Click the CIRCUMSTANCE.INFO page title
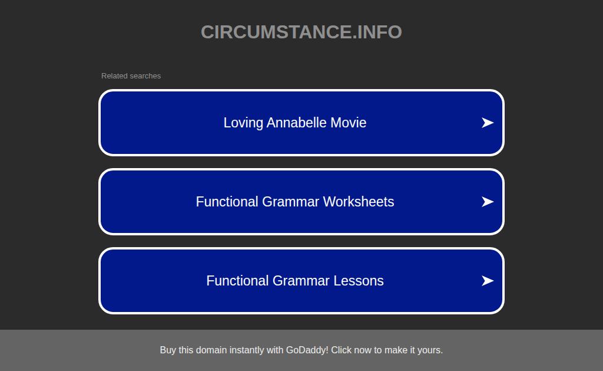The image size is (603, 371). point(301,32)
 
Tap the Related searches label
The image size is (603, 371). point(131,76)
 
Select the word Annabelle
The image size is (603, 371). point(297,123)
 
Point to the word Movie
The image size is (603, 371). point(349,123)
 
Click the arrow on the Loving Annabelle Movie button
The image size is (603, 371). point(487,123)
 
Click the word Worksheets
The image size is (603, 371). point(359,202)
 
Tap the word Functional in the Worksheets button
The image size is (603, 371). point(227,202)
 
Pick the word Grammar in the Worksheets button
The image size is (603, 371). point(290,202)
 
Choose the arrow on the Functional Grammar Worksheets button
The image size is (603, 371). point(487,202)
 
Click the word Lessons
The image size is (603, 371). point(359,281)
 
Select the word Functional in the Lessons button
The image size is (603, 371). point(237,281)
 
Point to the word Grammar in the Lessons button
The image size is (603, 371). point(301,281)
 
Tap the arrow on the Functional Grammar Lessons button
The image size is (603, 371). point(487,281)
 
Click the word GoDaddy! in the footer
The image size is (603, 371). point(307,350)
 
